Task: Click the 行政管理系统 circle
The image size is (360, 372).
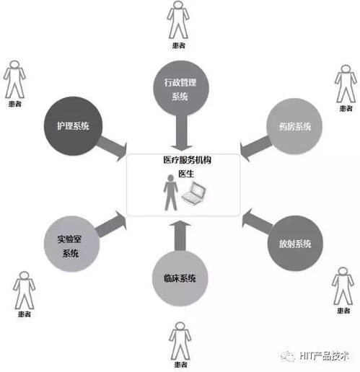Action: (x=181, y=88)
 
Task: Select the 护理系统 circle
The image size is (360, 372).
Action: (x=73, y=125)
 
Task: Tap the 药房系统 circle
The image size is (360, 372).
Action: (x=294, y=126)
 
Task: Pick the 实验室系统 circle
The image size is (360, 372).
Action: (x=71, y=244)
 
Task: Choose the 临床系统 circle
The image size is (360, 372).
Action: (x=180, y=278)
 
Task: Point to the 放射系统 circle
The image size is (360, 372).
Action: (x=295, y=243)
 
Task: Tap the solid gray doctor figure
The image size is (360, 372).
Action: (x=170, y=192)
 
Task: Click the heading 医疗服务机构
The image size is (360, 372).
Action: (x=187, y=160)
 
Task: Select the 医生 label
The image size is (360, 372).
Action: (x=186, y=174)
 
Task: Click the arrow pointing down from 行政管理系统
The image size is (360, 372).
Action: (x=181, y=133)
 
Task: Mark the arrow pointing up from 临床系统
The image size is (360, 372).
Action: (x=180, y=236)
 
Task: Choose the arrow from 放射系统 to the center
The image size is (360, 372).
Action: (x=258, y=221)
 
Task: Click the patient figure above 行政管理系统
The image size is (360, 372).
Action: (x=178, y=19)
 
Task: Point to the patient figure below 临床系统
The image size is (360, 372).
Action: (x=180, y=340)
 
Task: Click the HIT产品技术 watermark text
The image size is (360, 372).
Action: (x=324, y=356)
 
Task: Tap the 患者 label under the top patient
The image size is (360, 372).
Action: (x=178, y=45)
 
